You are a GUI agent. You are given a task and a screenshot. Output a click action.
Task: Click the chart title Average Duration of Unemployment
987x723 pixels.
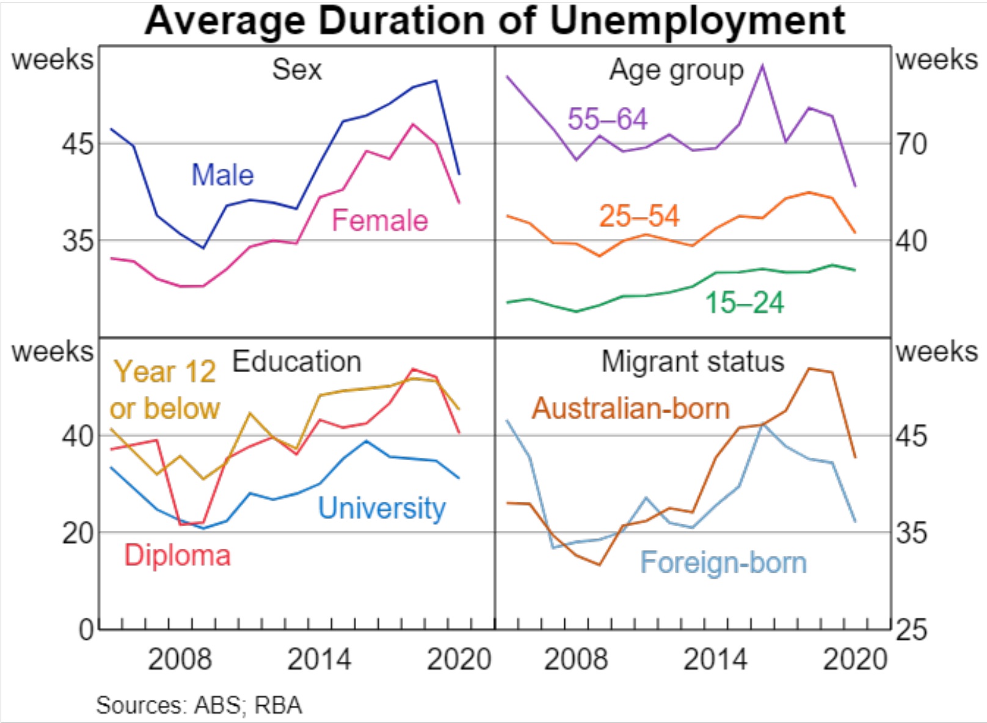pos(495,21)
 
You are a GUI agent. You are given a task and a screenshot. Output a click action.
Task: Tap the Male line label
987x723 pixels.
pos(222,175)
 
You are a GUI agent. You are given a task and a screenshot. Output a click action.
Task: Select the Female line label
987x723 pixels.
pos(379,221)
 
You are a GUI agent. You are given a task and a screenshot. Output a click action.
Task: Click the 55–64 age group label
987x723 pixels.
pos(607,119)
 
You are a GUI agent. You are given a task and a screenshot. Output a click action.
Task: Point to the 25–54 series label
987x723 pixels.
pos(639,216)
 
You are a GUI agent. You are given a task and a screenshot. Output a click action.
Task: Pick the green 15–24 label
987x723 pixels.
pos(745,303)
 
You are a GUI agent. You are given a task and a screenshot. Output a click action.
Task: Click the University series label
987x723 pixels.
pos(382,508)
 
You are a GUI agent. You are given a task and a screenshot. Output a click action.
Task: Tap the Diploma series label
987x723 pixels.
pos(177,556)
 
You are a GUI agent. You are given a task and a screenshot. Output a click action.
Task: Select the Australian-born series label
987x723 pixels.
pos(631,408)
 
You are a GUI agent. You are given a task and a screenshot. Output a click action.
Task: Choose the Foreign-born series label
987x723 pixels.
pos(723,563)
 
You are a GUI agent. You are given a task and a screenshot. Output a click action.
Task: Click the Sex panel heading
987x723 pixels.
pos(296,70)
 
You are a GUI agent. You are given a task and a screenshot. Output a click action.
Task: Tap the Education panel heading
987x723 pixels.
pos(297,362)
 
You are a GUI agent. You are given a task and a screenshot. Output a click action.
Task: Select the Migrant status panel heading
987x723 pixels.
pos(693,362)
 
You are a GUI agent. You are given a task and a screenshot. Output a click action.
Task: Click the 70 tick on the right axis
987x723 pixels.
pos(911,145)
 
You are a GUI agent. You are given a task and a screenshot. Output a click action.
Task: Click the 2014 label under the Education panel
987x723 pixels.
pos(319,659)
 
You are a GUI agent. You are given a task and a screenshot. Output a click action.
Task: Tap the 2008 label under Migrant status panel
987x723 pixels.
pos(575,659)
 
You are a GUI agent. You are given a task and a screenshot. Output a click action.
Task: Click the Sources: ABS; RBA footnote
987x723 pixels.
pos(199,705)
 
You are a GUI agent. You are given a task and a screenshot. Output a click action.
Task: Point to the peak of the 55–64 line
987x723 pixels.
pos(762,65)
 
